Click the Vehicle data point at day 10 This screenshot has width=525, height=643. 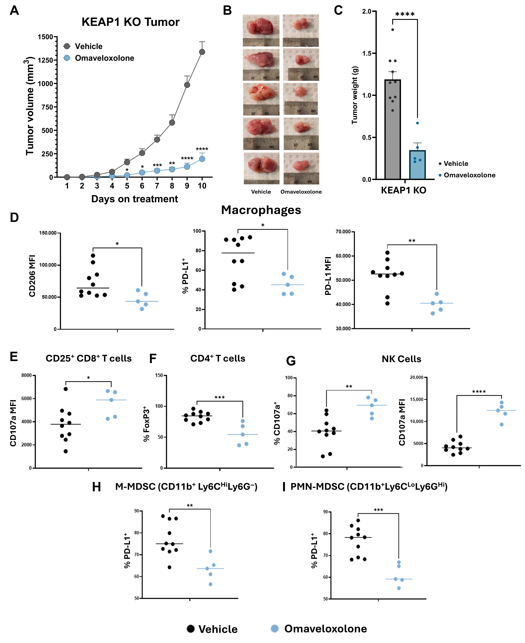pyautogui.click(x=202, y=52)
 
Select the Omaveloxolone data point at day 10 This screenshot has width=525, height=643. pyautogui.click(x=202, y=159)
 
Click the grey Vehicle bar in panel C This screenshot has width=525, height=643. pyautogui.click(x=392, y=130)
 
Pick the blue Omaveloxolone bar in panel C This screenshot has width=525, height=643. pyautogui.click(x=417, y=165)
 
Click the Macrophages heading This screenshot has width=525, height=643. pyautogui.click(x=261, y=210)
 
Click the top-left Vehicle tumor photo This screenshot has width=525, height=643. pyautogui.click(x=261, y=30)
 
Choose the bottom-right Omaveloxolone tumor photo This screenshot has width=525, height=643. pyautogui.click(x=301, y=168)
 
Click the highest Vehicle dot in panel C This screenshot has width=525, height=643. pyautogui.click(x=392, y=30)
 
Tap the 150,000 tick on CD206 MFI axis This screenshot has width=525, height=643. pyautogui.click(x=48, y=233)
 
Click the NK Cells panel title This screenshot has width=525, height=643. pyautogui.click(x=401, y=359)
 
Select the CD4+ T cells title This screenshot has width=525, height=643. pyautogui.click(x=218, y=358)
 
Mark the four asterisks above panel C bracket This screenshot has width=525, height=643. pyautogui.click(x=405, y=14)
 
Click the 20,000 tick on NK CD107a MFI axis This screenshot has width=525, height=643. pyautogui.click(x=416, y=377)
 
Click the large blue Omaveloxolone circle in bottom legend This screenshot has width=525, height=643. pyautogui.click(x=275, y=628)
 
